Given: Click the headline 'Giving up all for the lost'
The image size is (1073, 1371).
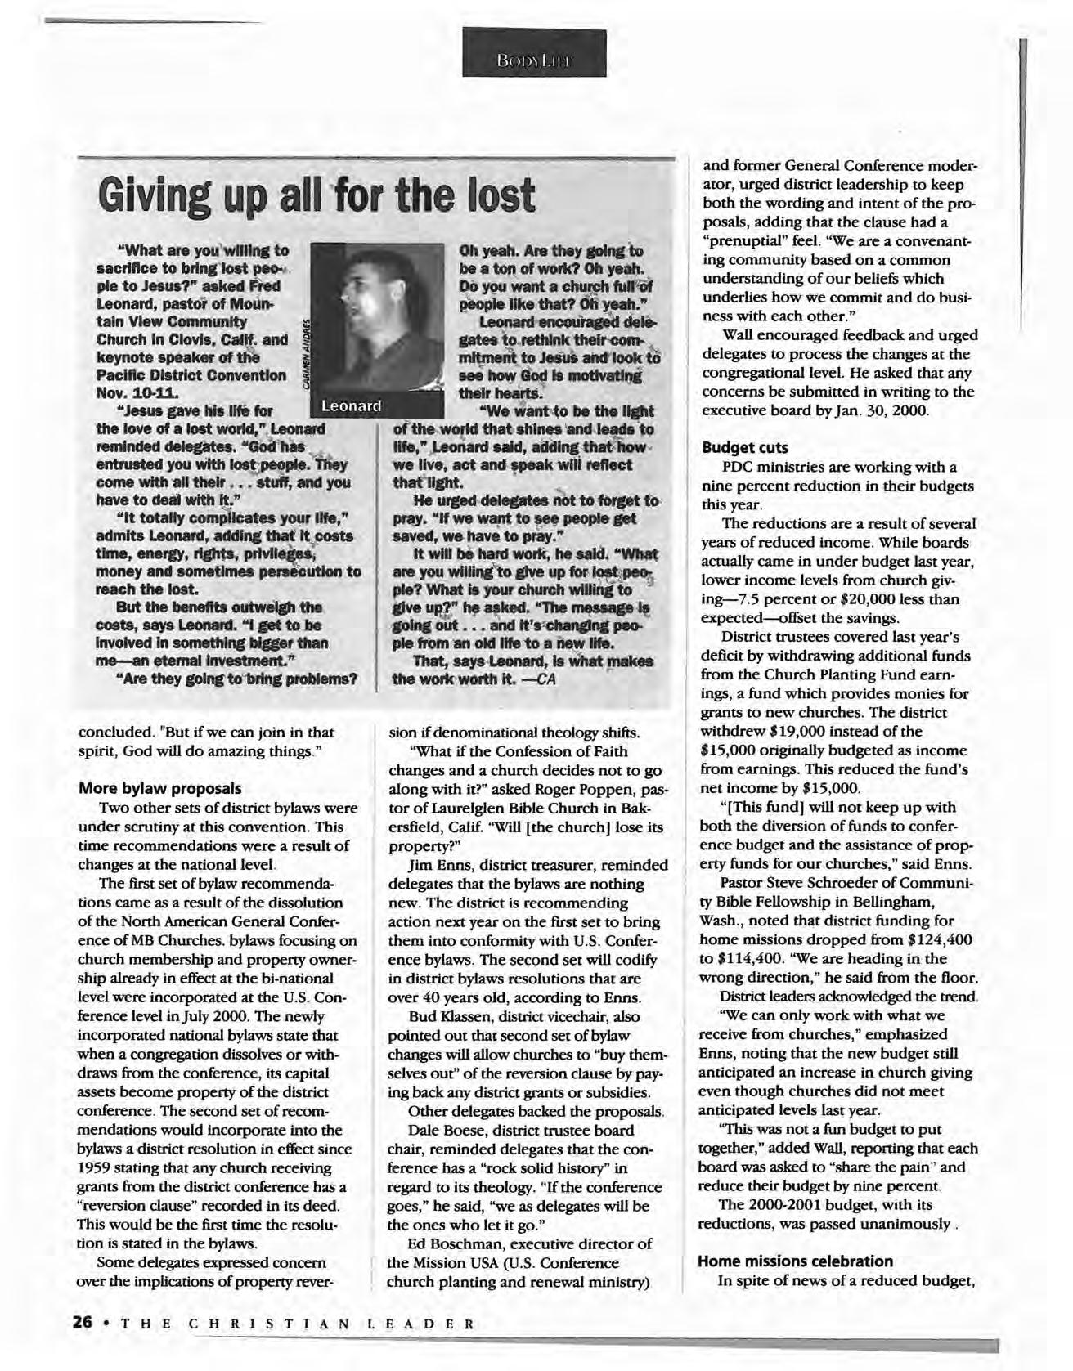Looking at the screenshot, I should click(x=316, y=196).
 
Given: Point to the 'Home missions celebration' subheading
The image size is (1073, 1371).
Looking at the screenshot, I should click(x=795, y=1261).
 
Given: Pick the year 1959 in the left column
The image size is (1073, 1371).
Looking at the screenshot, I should click(x=92, y=1167).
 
